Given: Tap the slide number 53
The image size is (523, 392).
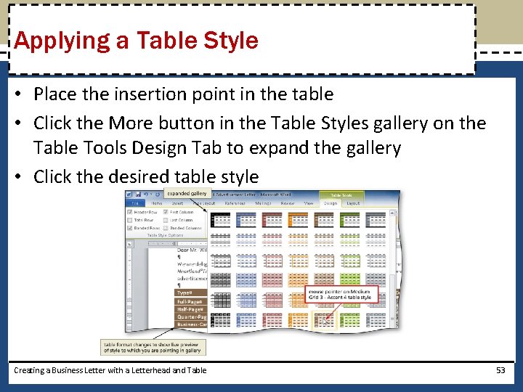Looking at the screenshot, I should click(500, 370).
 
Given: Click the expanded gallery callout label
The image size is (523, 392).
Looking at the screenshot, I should click(187, 194).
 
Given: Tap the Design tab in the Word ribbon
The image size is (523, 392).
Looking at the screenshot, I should click(331, 204).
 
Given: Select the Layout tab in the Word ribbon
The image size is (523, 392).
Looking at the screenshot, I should click(353, 204).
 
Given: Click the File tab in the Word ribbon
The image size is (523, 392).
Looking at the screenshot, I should click(135, 204).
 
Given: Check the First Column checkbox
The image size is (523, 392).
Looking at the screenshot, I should click(166, 212).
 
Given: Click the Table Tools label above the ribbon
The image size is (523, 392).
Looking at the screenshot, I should click(341, 195).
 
